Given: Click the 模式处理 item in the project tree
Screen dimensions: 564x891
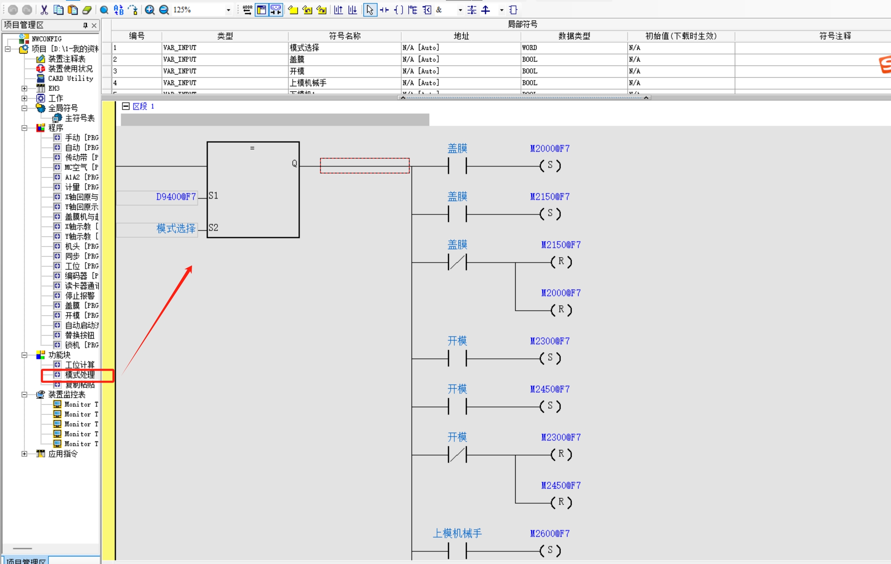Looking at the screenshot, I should pyautogui.click(x=80, y=375).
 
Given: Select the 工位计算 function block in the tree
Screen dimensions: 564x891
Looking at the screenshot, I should pyautogui.click(x=80, y=365).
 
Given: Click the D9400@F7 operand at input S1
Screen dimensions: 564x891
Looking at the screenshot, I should pyautogui.click(x=176, y=197).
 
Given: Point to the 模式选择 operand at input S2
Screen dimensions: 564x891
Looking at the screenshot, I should pyautogui.click(x=176, y=229).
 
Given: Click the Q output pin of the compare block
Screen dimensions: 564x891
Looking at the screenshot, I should pyautogui.click(x=294, y=164).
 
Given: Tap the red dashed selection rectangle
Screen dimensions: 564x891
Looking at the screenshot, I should pyautogui.click(x=365, y=166).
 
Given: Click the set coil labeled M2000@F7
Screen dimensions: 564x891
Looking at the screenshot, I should pyautogui.click(x=550, y=166).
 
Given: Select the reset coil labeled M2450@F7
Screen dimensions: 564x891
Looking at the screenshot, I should pyautogui.click(x=561, y=502).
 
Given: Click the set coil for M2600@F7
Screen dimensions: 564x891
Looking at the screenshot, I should pyautogui.click(x=550, y=550).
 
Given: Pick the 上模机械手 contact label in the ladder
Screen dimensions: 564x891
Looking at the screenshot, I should pyautogui.click(x=457, y=534).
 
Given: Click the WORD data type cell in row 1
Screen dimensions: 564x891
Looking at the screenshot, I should pyautogui.click(x=530, y=48).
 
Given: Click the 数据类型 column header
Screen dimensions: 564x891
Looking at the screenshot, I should pyautogui.click(x=574, y=36).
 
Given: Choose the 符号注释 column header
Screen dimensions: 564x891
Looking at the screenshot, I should pyautogui.click(x=835, y=36).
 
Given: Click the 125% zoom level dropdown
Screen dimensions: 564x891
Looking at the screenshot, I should pyautogui.click(x=228, y=10).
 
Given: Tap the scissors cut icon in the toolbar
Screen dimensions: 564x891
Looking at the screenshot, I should pyautogui.click(x=44, y=10).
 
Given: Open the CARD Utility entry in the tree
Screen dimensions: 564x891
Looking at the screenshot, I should pyautogui.click(x=70, y=79).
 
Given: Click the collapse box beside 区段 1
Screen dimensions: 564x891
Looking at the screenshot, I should pyautogui.click(x=126, y=107).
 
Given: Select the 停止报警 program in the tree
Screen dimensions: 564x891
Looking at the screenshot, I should pyautogui.click(x=80, y=296).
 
